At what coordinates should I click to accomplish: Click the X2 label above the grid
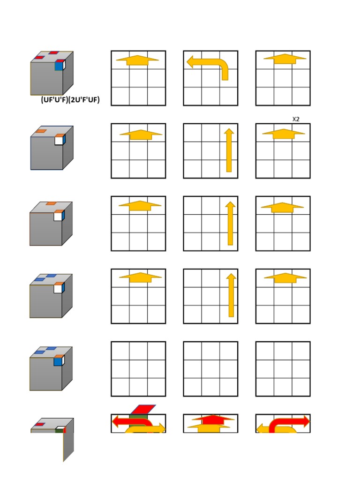[x=296, y=119]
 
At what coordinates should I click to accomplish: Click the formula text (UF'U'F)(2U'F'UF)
[x=70, y=100]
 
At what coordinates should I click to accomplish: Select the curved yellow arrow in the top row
[x=208, y=65]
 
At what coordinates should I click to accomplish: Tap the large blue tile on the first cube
[x=59, y=66]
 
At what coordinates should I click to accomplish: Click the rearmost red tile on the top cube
[x=54, y=53]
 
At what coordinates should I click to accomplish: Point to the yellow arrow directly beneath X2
[x=283, y=134]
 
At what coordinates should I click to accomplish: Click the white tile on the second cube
[x=58, y=140]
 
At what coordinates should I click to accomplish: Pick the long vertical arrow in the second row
[x=229, y=150]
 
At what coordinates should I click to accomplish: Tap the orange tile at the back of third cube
[x=52, y=203]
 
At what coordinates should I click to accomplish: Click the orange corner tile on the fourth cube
[x=58, y=284]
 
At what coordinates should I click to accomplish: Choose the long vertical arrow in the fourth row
[x=231, y=296]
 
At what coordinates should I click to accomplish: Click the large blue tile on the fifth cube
[x=58, y=360]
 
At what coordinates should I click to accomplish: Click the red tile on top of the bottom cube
[x=40, y=424]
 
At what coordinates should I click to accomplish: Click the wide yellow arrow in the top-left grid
[x=137, y=60]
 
